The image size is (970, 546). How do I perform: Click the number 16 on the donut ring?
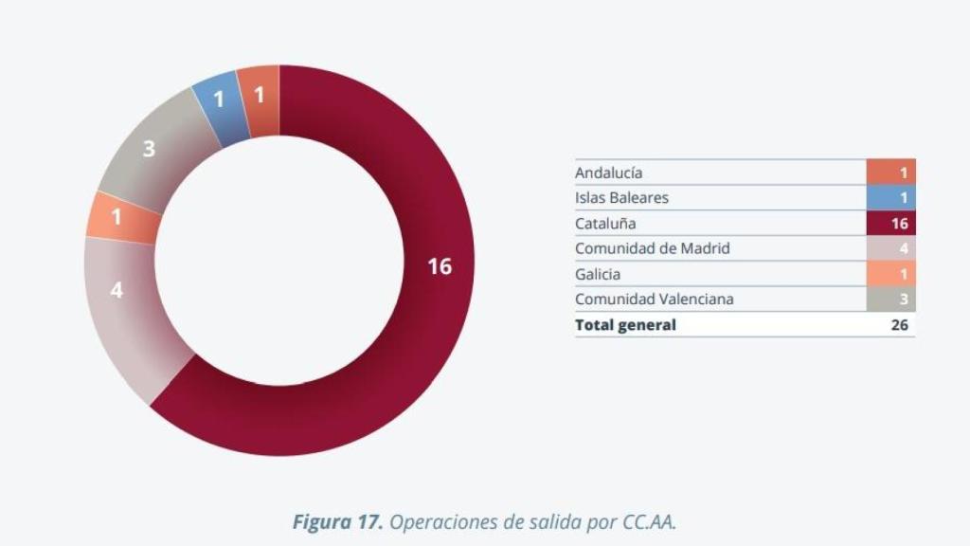coord(439,266)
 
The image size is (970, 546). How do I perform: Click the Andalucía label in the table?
coord(608,173)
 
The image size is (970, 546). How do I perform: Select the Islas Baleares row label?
coord(621,198)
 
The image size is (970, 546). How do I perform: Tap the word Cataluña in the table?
coord(605,224)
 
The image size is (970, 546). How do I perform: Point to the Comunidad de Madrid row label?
coord(653,248)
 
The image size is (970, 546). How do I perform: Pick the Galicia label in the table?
coord(598,274)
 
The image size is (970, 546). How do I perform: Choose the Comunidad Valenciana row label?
coord(655,300)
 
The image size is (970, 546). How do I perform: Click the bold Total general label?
coord(625,325)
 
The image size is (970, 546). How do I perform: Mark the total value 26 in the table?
coord(900,325)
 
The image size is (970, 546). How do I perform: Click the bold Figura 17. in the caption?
coord(337,522)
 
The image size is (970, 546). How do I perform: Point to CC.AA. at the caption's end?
coord(649,522)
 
